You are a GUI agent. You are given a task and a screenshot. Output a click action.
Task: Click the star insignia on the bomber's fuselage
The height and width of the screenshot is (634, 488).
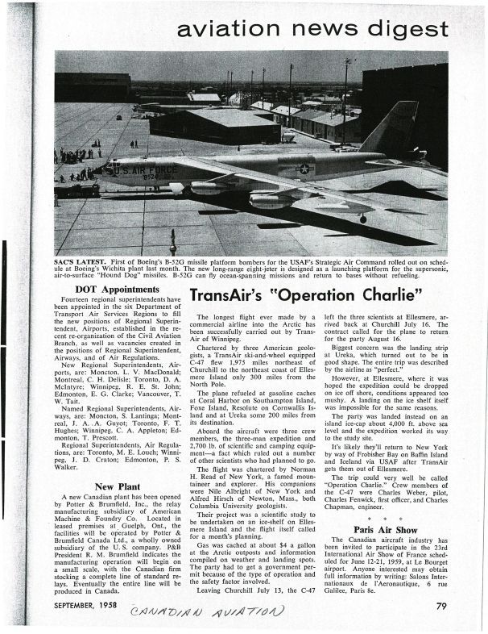(x=305, y=168)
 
